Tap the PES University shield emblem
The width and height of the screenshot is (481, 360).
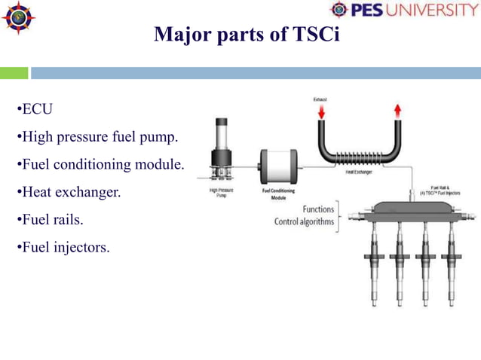click(x=339, y=11)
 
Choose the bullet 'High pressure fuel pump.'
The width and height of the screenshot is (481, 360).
click(x=98, y=137)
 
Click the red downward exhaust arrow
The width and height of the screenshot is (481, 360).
click(x=321, y=112)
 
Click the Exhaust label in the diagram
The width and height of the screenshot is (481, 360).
click(x=320, y=99)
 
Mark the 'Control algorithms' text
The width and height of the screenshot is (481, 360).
click(x=304, y=221)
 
